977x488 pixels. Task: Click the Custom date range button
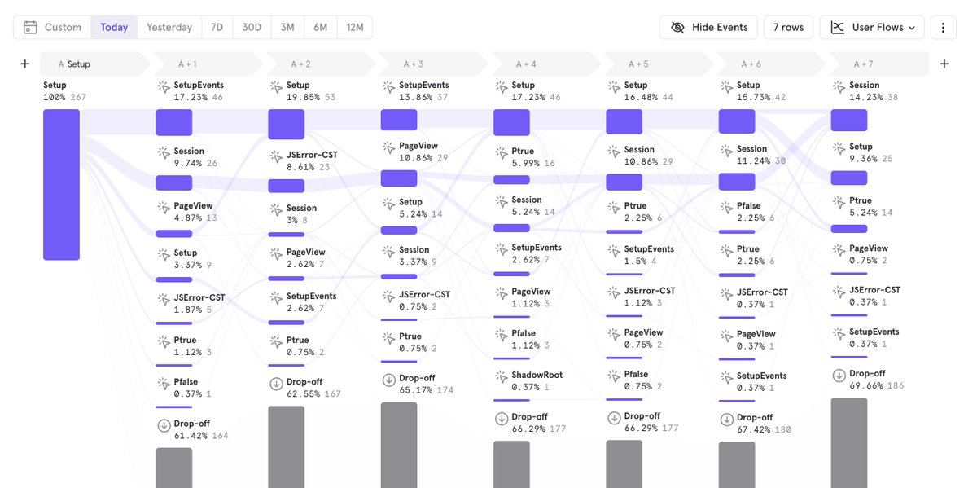click(x=52, y=27)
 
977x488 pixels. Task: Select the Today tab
click(x=114, y=27)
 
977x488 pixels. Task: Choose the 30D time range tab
click(x=252, y=27)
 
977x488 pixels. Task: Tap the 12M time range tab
click(x=355, y=27)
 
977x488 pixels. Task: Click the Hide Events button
click(x=709, y=27)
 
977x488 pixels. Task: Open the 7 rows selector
click(x=788, y=27)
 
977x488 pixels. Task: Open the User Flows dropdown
click(x=872, y=27)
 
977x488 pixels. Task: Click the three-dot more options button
click(x=943, y=27)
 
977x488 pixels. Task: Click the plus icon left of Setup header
click(x=25, y=64)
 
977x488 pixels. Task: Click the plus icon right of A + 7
click(x=944, y=64)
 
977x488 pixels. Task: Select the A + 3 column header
click(x=432, y=64)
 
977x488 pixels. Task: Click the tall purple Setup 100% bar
click(x=61, y=185)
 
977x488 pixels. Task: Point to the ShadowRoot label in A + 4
click(x=537, y=375)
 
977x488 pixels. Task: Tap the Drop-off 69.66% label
click(x=876, y=380)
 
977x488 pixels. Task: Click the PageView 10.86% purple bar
click(x=399, y=178)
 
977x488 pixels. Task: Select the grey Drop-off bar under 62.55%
click(x=286, y=447)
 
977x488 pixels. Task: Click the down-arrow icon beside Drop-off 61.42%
click(x=164, y=425)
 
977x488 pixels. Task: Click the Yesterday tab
click(x=169, y=27)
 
